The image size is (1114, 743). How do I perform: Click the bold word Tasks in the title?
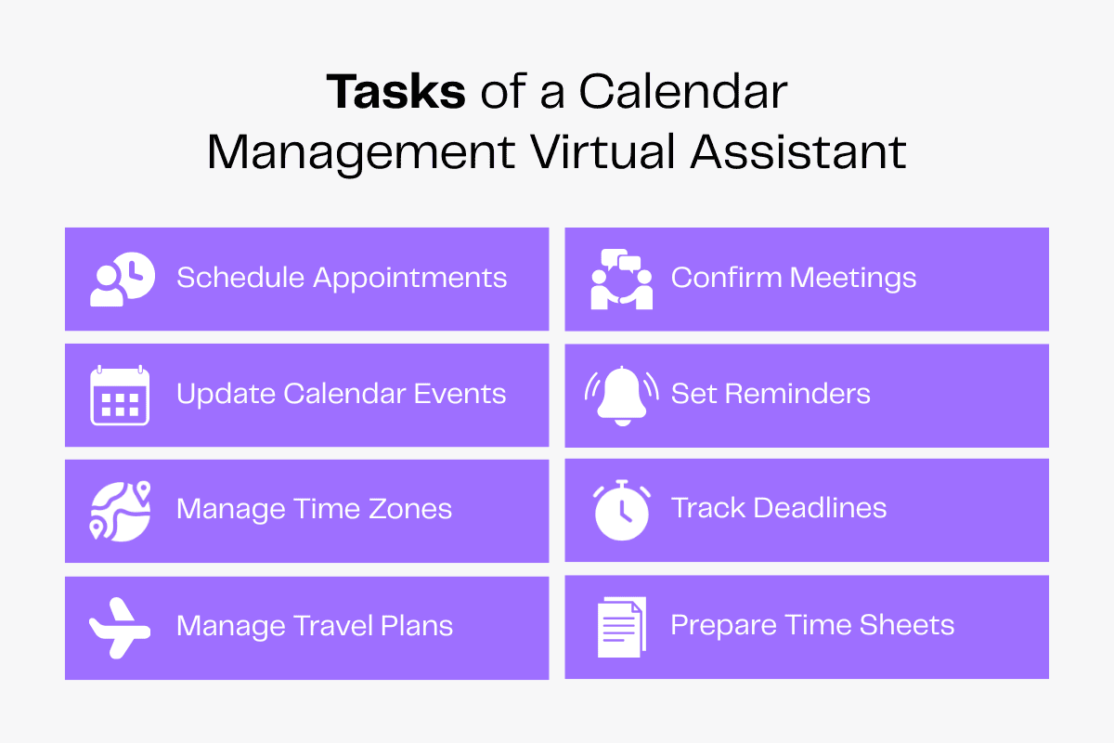pos(395,93)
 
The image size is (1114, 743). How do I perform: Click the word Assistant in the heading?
pos(797,151)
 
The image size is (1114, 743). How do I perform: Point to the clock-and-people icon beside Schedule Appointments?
pos(122,279)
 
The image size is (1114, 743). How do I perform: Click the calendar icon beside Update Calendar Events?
pos(120,395)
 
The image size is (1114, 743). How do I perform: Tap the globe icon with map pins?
pos(120,511)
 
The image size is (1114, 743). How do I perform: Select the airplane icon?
pos(120,627)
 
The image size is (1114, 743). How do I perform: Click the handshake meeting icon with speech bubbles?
pos(621,279)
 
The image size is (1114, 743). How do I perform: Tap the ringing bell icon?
pos(621,395)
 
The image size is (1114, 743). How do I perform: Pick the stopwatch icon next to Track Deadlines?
pos(621,511)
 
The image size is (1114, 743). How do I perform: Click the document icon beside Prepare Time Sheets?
pos(621,627)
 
